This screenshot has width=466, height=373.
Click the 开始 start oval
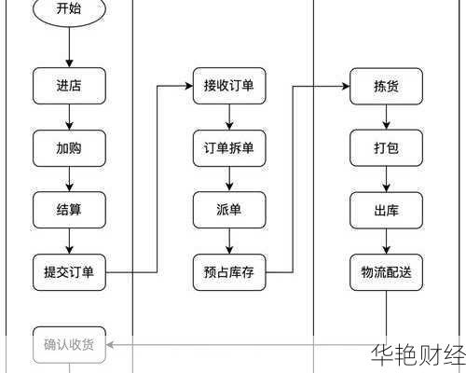pyautogui.click(x=69, y=9)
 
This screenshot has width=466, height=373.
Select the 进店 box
pyautogui.click(x=69, y=86)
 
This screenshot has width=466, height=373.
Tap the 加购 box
pyautogui.click(x=69, y=147)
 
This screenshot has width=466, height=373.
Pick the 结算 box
pyautogui.click(x=69, y=210)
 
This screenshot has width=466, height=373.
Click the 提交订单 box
pyautogui.click(x=69, y=272)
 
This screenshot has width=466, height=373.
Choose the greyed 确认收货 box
pyautogui.click(x=69, y=344)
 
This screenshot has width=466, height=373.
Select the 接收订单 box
pyautogui.click(x=229, y=86)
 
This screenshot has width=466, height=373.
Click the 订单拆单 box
pyautogui.click(x=229, y=147)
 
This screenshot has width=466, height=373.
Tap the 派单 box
pyautogui.click(x=229, y=210)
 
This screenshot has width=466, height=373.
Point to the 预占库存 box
pyautogui.click(x=229, y=272)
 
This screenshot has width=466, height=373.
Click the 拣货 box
pyautogui.click(x=387, y=86)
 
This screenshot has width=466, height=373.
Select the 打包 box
pyautogui.click(x=387, y=147)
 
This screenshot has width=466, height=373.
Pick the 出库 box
pyautogui.click(x=387, y=210)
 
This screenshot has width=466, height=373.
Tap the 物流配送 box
pyautogui.click(x=387, y=272)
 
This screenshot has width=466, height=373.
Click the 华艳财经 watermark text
pyautogui.click(x=417, y=355)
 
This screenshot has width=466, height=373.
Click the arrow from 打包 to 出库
pyautogui.click(x=387, y=179)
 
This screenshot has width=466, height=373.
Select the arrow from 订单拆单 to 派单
pyautogui.click(x=229, y=179)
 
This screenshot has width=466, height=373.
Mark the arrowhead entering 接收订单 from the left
pyautogui.click(x=187, y=86)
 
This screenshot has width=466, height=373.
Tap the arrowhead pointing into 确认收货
pyautogui.click(x=112, y=344)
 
